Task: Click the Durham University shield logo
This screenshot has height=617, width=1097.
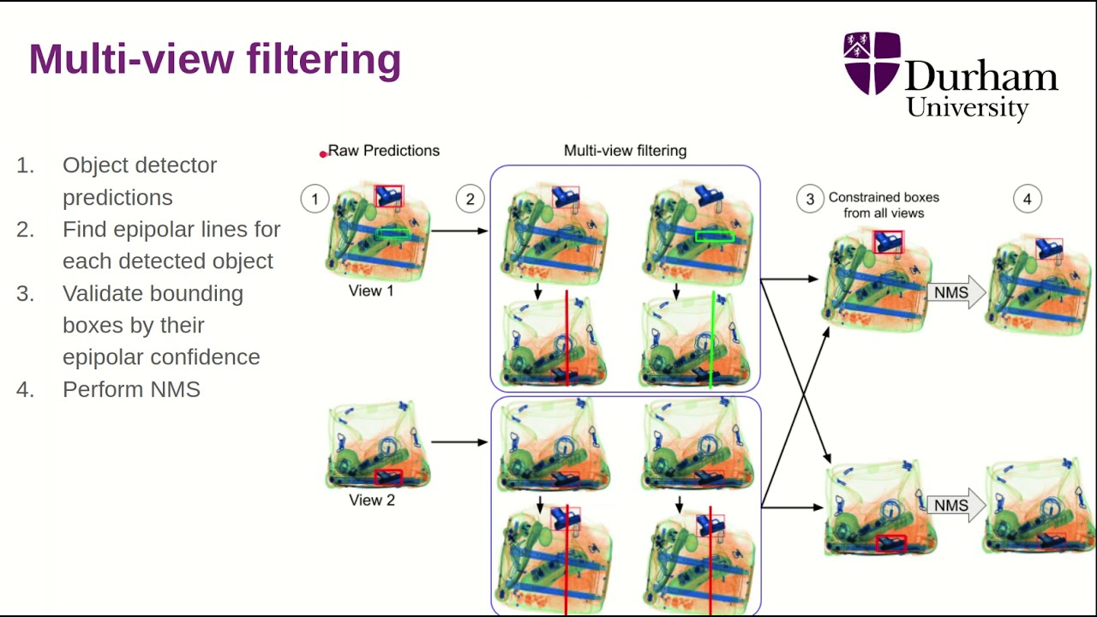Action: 872,63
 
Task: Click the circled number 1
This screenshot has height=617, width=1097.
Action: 315,200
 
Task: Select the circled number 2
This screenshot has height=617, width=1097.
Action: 470,200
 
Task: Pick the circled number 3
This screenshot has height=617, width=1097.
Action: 810,200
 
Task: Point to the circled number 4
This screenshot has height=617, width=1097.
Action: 1028,200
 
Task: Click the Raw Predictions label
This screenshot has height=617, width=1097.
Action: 383,151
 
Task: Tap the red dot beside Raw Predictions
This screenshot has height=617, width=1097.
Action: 323,154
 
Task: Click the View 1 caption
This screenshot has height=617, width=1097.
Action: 371,291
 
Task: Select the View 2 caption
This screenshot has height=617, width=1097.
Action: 372,500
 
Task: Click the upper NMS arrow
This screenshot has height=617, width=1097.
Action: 955,293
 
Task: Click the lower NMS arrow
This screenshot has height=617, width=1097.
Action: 955,506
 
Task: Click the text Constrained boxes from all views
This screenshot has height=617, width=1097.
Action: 883,205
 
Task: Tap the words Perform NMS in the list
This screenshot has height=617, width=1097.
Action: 131,389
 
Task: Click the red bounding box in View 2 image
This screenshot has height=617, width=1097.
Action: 388,476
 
